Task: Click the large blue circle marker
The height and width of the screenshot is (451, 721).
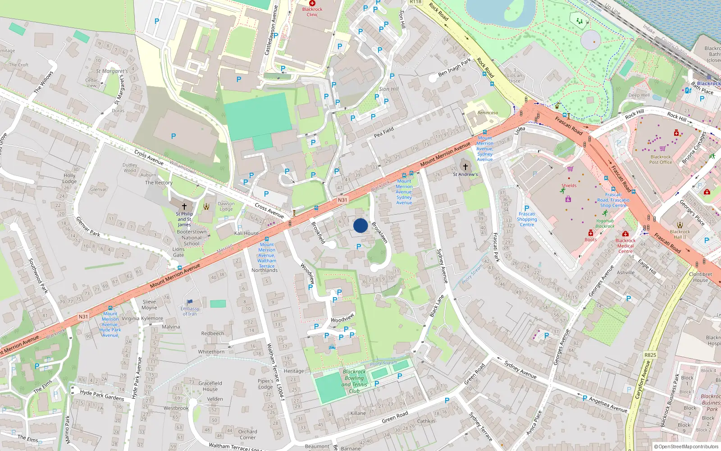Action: point(360,225)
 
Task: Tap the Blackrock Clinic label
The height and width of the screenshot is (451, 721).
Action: point(312,12)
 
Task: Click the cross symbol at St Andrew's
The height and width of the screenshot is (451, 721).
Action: point(465,167)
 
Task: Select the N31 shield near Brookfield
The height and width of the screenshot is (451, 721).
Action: point(342,200)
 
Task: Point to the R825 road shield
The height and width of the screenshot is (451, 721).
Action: point(650,355)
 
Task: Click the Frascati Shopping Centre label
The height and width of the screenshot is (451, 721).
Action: point(527,219)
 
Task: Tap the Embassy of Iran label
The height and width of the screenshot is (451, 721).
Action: point(190,311)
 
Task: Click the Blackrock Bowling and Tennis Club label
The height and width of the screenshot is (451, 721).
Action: point(354,382)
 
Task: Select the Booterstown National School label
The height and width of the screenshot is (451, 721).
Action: point(192,238)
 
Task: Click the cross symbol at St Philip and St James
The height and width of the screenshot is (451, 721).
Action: point(184,206)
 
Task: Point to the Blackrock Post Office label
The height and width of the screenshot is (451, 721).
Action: point(660,159)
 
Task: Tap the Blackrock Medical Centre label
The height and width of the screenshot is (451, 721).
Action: point(625,246)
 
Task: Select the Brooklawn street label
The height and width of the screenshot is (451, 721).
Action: point(379,232)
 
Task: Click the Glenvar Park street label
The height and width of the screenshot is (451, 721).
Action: point(88,226)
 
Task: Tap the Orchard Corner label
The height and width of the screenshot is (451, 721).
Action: point(247,434)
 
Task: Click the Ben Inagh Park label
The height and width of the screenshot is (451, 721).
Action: point(454,67)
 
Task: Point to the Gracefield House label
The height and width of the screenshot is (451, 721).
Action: point(210,386)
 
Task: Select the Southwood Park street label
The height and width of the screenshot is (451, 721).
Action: point(38,276)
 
